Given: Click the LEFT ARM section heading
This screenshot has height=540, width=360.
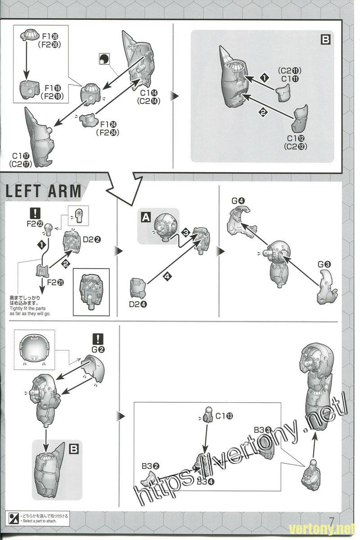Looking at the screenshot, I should (x=44, y=191).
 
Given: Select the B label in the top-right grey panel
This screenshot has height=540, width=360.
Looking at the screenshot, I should (x=325, y=40).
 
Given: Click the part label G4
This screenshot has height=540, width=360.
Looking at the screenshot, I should (x=238, y=201).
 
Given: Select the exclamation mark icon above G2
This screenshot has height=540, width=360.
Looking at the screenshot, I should (x=97, y=339).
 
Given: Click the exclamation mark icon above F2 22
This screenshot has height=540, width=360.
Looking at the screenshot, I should (x=34, y=212).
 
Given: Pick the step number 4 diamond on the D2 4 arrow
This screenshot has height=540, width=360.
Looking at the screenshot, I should (x=167, y=276).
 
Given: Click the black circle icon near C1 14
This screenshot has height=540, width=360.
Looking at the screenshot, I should (x=104, y=59).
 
